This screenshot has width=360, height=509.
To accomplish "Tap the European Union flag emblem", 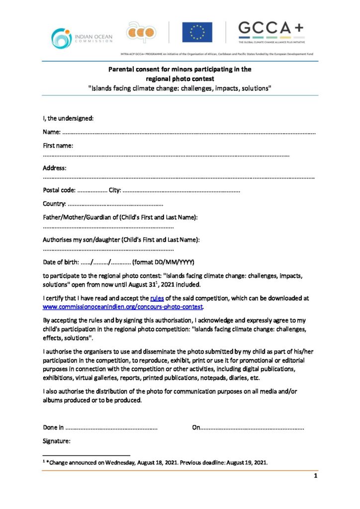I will coord(197,32).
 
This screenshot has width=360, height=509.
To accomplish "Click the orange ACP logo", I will coord(141,32).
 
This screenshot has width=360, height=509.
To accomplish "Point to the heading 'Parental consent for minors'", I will coord(180,70).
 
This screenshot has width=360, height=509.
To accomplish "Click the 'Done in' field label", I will coord(53,427).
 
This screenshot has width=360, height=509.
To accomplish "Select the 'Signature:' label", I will coord(57,441).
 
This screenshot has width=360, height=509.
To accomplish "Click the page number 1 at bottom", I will coord(315,476).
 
